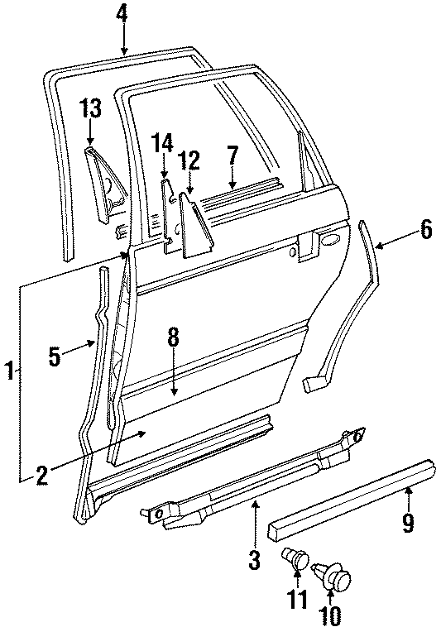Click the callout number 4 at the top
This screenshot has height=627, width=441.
pos(122,14)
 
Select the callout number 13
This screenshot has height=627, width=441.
pos(90,108)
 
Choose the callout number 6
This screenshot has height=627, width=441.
pos(424,230)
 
